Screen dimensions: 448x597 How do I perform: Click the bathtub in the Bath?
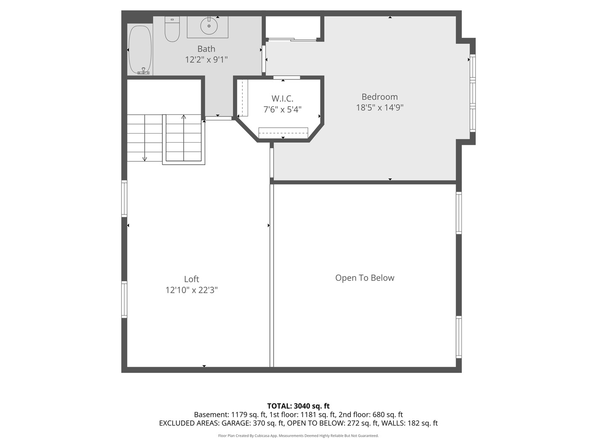pos(140,50)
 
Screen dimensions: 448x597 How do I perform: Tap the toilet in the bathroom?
pos(172,30)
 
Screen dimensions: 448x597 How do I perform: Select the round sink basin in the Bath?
pos(209,26)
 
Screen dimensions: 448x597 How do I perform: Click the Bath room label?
pos(206,49)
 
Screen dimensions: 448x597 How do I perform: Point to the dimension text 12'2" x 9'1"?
pos(206,60)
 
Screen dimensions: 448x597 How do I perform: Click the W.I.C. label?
pos(282,99)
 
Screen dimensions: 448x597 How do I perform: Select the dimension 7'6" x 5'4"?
pos(282,110)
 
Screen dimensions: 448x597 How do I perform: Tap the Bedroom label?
pos(379,97)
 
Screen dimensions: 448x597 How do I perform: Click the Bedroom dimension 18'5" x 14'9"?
pos(379,107)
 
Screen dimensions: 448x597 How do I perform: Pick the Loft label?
pos(192,279)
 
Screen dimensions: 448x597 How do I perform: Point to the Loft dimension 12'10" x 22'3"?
pos(192,290)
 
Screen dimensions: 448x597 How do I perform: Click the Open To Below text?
pos(364,278)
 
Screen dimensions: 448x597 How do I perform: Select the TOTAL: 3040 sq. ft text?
pos(298,406)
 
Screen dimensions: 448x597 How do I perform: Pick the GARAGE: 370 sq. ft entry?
pos(252,423)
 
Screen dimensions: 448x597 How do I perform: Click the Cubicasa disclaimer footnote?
pos(298,436)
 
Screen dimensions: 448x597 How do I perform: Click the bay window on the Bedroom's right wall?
pos(472,93)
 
